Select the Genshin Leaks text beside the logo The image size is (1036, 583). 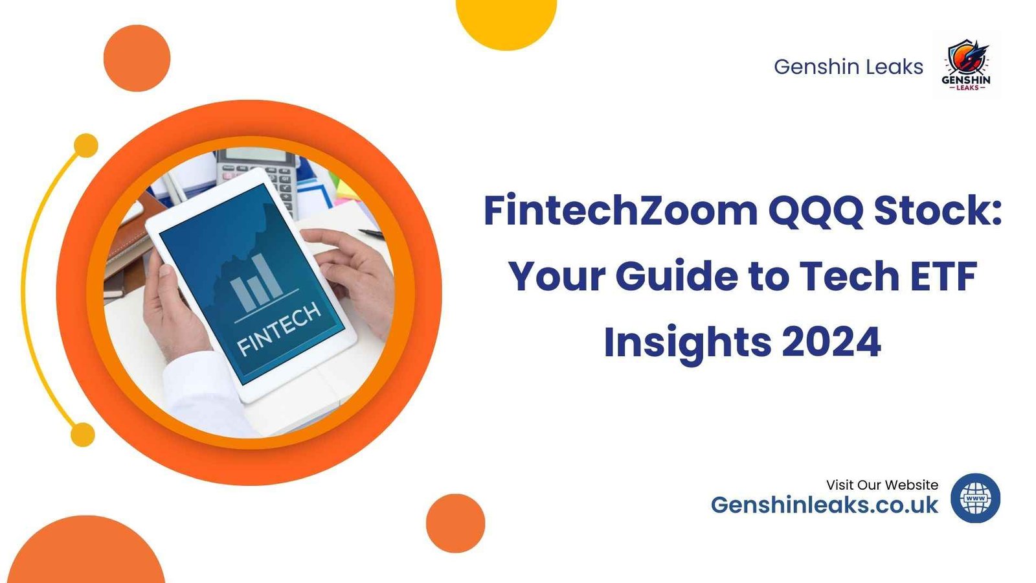pyautogui.click(x=848, y=67)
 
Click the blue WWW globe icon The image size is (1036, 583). pyautogui.click(x=975, y=498)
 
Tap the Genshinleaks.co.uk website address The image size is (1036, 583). pyautogui.click(x=824, y=505)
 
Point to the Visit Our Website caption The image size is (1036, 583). pyautogui.click(x=882, y=485)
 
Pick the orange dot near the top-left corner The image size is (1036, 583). pyautogui.click(x=137, y=58)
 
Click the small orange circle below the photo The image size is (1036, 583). pyautogui.click(x=455, y=523)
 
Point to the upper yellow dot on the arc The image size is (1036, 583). pyautogui.click(x=85, y=146)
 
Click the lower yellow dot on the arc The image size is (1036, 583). pyautogui.click(x=82, y=434)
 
